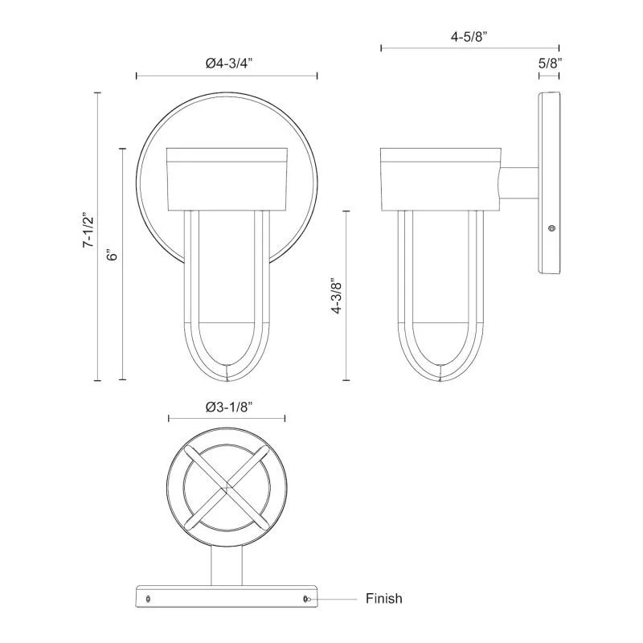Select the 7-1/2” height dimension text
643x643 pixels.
coord(89,230)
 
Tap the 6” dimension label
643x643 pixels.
coord(112,255)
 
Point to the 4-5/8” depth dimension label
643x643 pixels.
coord(469,36)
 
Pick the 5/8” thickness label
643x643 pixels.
coord(550,63)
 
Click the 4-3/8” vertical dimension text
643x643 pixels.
coord(337,297)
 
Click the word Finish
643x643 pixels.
coord(384,598)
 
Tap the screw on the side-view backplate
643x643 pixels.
coord(552,228)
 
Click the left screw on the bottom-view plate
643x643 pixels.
coord(148,599)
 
